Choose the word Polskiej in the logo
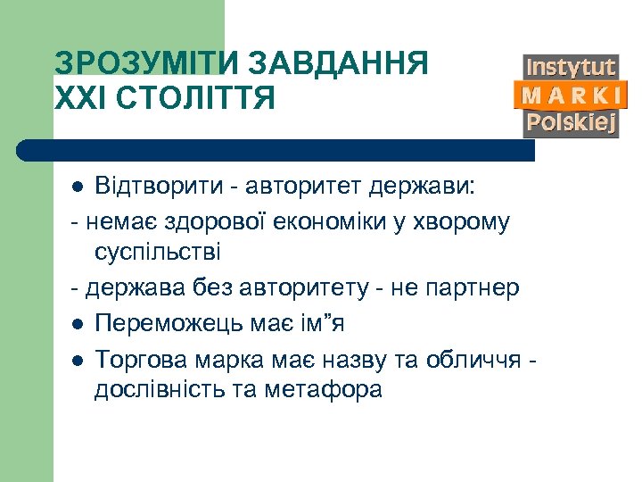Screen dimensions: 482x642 [x=571, y=123]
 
